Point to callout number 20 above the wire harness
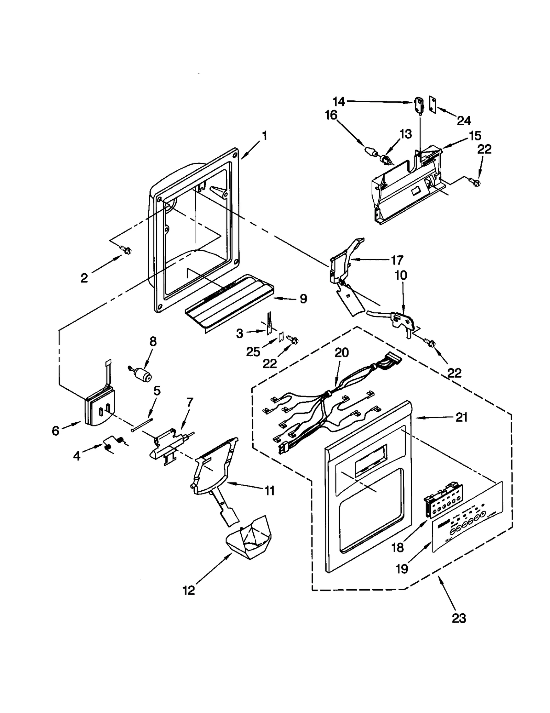coord(342,353)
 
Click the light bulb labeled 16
coord(371,152)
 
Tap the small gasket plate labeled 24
coord(432,104)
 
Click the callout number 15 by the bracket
coord(475,136)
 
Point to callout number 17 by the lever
coord(397,260)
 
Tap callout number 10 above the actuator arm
coord(401,275)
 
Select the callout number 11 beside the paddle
coord(269,491)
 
